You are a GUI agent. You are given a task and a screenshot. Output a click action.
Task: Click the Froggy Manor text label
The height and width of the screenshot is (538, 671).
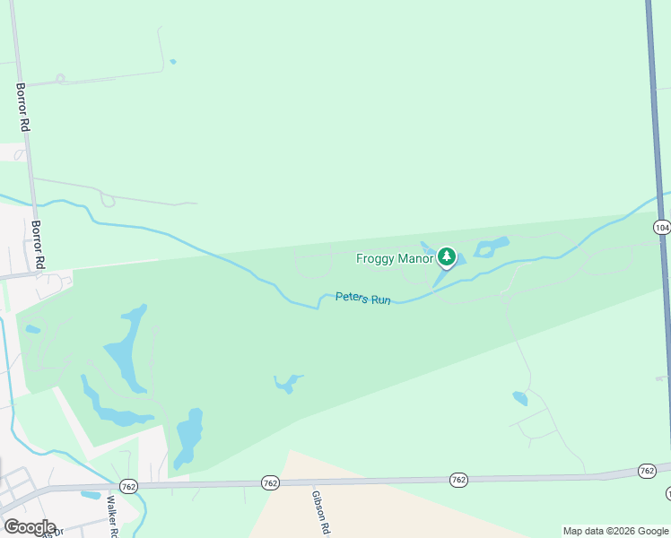394,259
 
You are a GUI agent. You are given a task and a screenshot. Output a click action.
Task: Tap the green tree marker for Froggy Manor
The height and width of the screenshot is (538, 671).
447,258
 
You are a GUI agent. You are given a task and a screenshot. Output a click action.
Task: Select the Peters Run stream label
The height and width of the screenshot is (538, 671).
363,299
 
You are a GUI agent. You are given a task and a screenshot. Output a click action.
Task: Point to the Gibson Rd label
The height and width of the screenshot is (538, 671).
320,511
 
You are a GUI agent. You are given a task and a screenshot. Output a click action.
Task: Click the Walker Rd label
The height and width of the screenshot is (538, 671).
113,516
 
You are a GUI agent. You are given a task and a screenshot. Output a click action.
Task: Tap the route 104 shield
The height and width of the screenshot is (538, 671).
662,228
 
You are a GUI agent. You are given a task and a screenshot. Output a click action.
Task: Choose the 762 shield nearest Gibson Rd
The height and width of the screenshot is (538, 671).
270,482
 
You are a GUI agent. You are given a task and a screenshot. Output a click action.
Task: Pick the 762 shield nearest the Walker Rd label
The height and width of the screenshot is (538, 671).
127,484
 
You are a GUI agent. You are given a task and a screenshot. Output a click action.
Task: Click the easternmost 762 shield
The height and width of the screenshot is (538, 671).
647,471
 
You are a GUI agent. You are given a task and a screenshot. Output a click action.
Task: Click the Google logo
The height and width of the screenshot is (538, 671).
30,526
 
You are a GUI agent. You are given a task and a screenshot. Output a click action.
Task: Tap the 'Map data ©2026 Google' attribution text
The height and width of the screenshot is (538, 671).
615,531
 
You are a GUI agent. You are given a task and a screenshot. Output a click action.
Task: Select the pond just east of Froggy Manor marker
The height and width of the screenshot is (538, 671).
492,247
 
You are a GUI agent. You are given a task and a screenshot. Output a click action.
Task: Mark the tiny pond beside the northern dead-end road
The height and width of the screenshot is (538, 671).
172,62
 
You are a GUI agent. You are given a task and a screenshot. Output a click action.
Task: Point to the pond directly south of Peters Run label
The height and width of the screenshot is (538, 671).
288,384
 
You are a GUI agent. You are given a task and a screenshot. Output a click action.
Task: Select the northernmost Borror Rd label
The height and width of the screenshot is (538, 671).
22,108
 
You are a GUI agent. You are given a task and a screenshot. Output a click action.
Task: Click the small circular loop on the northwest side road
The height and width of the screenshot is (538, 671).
60,79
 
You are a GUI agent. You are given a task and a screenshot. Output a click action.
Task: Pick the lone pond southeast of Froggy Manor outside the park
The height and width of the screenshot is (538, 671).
520,398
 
